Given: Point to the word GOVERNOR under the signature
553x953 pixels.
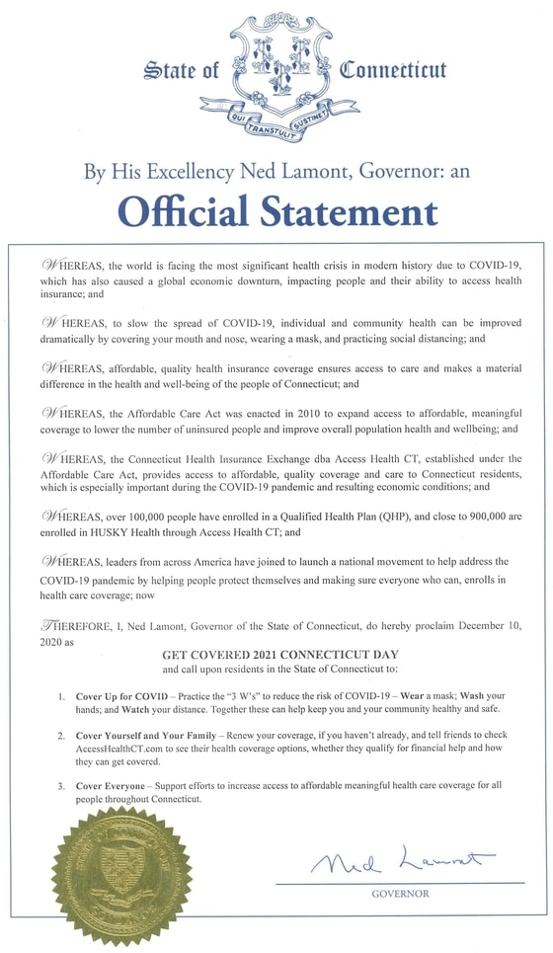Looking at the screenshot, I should [x=400, y=894].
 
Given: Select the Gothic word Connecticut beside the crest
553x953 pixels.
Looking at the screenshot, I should [x=393, y=70].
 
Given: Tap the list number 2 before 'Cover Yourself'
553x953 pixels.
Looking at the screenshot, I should [x=62, y=737].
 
